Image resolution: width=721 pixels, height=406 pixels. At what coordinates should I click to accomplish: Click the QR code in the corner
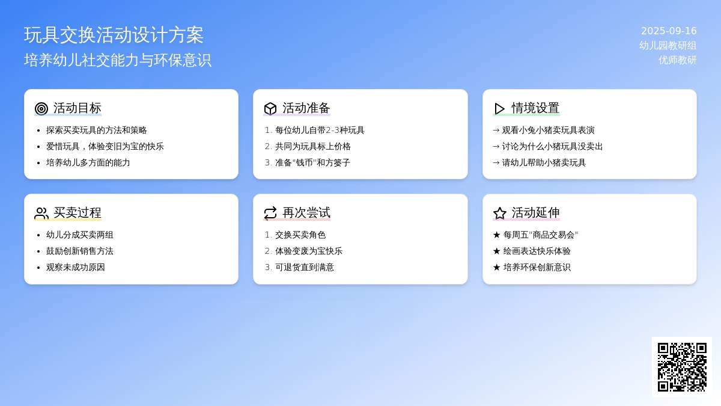682,367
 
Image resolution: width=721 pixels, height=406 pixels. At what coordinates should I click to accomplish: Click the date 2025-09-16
669,31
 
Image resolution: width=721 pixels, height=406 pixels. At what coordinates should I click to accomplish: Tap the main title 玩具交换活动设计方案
114,35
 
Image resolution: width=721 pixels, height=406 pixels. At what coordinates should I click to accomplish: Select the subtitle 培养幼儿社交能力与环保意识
118,60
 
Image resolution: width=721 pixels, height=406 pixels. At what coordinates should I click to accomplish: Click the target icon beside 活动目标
41,109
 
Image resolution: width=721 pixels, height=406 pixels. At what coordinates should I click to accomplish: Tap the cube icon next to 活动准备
270,109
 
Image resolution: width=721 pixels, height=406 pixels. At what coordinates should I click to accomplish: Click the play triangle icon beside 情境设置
499,109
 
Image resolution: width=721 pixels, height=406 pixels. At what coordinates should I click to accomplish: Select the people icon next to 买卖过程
41,214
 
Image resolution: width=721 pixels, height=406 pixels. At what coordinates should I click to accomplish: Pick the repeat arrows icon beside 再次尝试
270,214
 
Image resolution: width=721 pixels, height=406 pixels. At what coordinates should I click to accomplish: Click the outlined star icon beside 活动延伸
499,214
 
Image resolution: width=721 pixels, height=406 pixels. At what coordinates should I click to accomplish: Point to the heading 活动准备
306,108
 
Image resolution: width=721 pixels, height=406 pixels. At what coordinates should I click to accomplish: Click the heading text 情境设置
535,108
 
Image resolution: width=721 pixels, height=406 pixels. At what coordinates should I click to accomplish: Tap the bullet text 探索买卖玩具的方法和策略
97,130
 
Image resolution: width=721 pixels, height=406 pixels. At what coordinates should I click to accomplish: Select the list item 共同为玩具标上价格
313,146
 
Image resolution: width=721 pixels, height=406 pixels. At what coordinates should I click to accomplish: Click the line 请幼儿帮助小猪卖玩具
544,162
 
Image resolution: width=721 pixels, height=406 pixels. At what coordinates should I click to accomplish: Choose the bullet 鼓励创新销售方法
80,251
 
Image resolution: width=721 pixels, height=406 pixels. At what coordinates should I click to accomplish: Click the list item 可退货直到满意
305,267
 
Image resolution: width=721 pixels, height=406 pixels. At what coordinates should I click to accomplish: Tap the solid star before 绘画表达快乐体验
497,251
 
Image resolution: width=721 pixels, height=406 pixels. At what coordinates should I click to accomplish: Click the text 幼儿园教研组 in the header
668,46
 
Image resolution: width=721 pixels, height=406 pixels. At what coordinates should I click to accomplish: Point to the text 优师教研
678,60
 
